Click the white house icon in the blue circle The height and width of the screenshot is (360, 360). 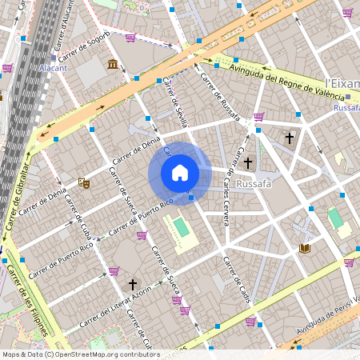pyautogui.click(x=180, y=172)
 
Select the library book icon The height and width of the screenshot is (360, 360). pyautogui.click(x=304, y=249)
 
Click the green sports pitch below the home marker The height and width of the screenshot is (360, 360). pyautogui.click(x=182, y=228)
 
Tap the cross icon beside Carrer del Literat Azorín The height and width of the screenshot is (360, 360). pyautogui.click(x=134, y=283)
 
